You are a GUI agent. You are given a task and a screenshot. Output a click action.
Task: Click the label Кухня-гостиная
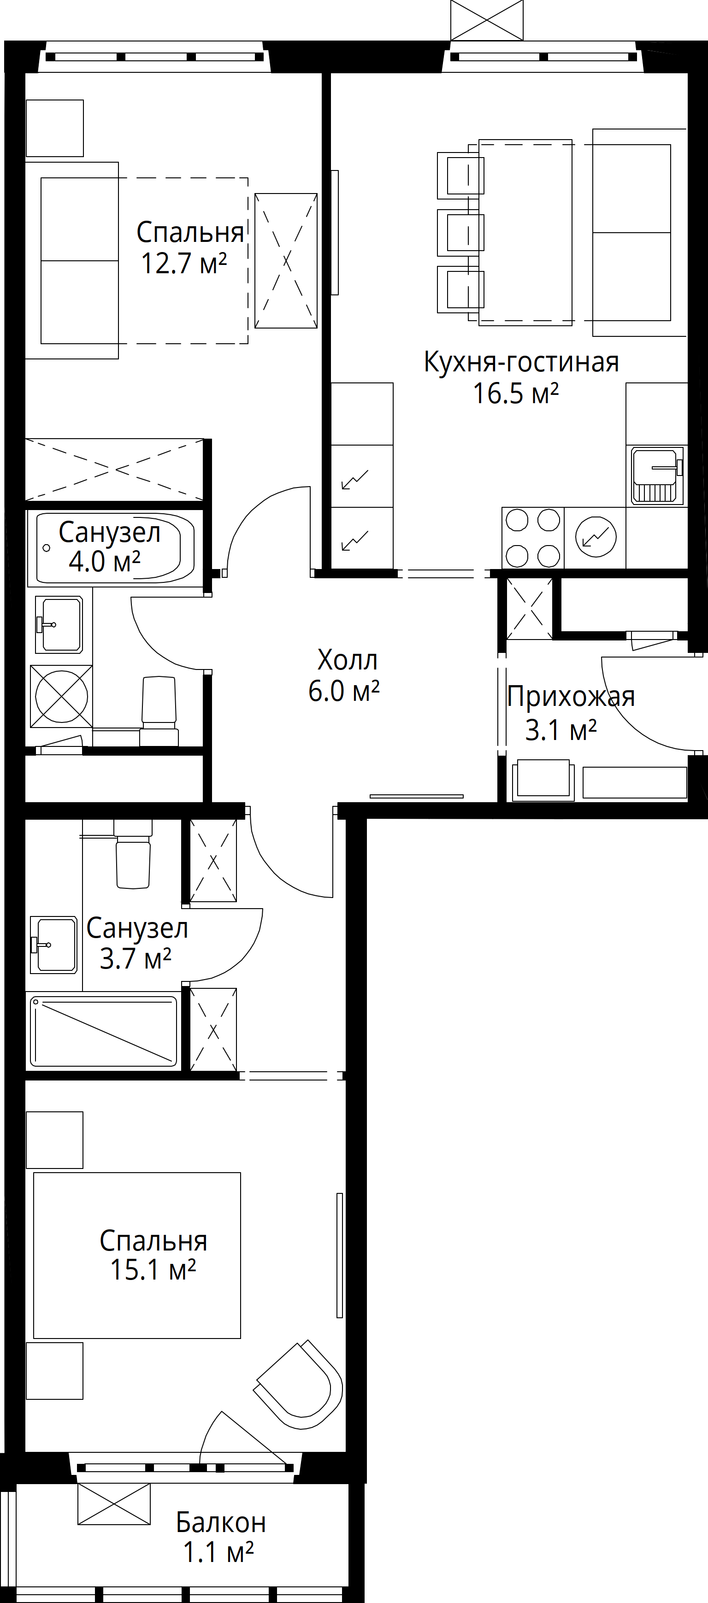pos(521,362)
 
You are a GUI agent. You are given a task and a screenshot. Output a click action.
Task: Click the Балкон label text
pos(221,1522)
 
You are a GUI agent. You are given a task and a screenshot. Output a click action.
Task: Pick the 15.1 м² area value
pos(153,1269)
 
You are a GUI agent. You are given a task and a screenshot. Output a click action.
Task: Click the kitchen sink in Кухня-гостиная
pos(657,476)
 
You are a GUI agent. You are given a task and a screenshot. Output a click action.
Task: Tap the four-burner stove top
pos(533,538)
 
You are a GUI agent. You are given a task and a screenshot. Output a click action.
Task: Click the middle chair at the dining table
pos(461,233)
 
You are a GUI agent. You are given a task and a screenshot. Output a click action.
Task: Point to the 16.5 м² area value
pos(516,393)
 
